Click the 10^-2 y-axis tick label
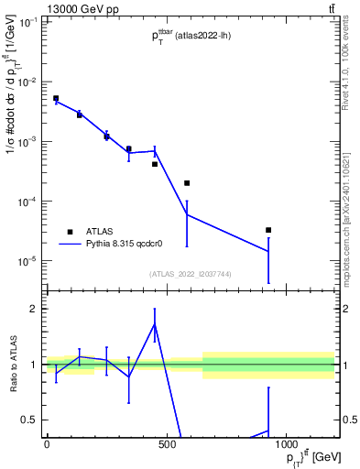[x=27, y=82]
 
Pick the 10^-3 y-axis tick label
[x=27, y=141]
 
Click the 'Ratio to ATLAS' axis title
[x=13, y=365]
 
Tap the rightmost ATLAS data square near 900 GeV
[x=268, y=230]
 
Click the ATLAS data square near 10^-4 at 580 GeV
[x=187, y=183]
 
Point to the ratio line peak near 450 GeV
[x=155, y=324]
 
